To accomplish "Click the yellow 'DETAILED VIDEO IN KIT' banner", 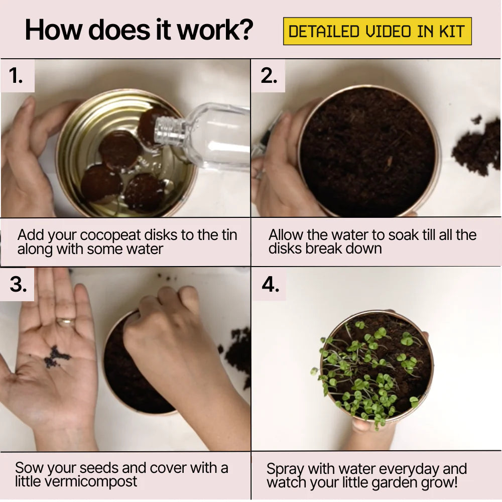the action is point(377,31).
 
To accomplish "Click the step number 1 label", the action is point(16,76).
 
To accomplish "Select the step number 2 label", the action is point(269,76).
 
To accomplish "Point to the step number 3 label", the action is point(18,284).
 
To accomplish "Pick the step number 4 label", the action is point(271,284).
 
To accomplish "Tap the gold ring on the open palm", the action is point(65,321).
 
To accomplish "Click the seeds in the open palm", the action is point(57,356).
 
